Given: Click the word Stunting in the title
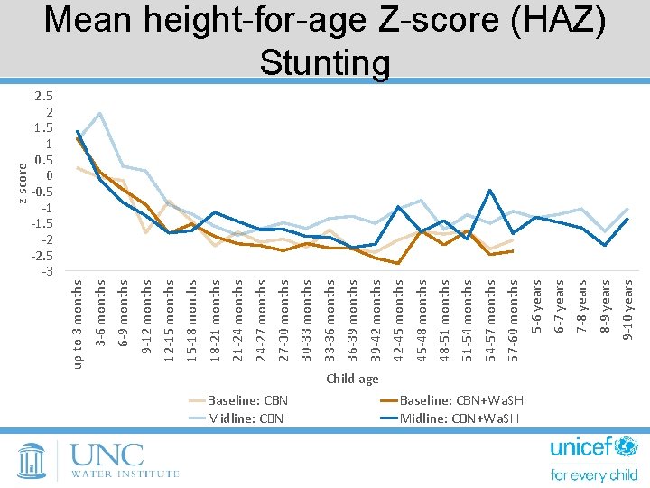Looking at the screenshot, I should tap(325, 62).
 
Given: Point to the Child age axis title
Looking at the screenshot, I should tap(352, 379).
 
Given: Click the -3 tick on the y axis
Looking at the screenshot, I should tap(47, 271).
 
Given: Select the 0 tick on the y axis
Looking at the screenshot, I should tap(50, 175).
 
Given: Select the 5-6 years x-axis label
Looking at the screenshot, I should tap(536, 306).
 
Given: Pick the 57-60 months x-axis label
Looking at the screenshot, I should tap(513, 320).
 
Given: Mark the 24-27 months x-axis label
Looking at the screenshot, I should tap(261, 320).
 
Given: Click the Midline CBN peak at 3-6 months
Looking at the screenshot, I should tap(99, 114).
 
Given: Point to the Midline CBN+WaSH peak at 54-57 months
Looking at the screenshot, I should tap(489, 190).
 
